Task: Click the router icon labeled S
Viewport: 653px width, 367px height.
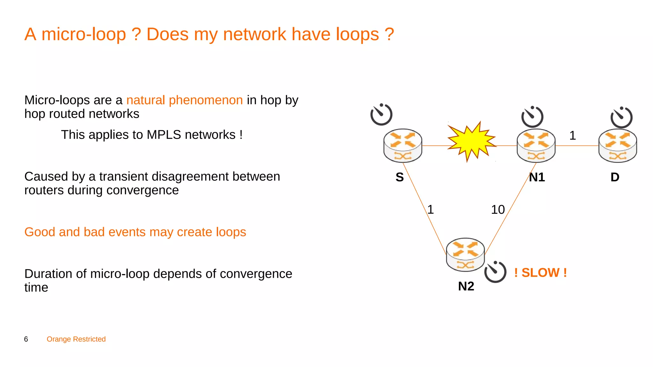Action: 403,146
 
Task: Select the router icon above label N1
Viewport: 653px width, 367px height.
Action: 536,146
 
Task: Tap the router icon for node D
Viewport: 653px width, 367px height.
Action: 618,146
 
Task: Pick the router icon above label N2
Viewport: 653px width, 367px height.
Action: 465,255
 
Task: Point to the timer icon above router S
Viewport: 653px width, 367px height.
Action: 381,114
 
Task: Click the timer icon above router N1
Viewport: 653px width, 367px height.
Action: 532,117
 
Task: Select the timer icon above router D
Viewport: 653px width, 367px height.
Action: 621,118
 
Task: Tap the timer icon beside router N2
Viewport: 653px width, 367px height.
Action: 495,272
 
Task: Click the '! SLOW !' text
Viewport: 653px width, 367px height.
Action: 540,273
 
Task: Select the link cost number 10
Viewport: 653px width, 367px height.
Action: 498,210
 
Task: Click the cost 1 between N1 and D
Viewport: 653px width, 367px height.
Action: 573,136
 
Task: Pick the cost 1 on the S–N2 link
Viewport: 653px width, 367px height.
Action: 430,210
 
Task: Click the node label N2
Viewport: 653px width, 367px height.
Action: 466,286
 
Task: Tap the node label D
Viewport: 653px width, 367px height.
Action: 615,177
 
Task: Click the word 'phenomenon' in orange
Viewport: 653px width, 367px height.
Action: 206,100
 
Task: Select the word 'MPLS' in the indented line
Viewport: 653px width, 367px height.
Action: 164,135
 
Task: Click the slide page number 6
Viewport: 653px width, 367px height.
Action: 26,339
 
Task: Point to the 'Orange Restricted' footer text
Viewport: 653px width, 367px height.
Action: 76,339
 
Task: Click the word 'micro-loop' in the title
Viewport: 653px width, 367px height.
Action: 84,34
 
